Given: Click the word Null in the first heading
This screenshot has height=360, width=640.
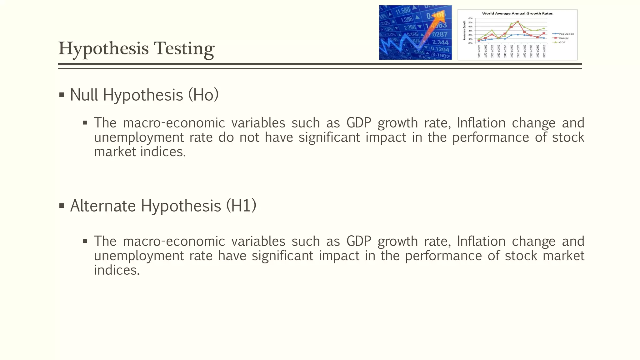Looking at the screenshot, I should point(84,95).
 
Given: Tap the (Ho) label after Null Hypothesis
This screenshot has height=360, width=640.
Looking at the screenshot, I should point(203,95).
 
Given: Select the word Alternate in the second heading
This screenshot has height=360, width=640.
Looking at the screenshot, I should point(103,206).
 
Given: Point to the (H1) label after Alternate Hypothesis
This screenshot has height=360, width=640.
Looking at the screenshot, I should point(241,206).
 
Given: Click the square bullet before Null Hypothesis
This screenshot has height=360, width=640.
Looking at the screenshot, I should point(62,95).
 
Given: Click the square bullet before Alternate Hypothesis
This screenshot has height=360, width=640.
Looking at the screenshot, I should point(62,206).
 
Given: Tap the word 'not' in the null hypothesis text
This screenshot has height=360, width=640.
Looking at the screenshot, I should point(249,137).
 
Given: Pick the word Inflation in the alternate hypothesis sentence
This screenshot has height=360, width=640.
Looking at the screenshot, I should point(481,241).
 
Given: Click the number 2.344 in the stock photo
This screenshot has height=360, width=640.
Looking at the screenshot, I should point(440,42).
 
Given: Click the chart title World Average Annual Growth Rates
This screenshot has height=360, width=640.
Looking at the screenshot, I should point(517,13).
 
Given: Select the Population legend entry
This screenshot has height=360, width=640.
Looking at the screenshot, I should point(566,34).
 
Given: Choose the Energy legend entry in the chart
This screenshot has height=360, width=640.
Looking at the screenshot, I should point(564,38).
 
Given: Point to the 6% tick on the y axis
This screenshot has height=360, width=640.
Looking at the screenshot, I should point(470,18).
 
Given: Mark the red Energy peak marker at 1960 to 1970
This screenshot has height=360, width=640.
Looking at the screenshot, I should point(518,22).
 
